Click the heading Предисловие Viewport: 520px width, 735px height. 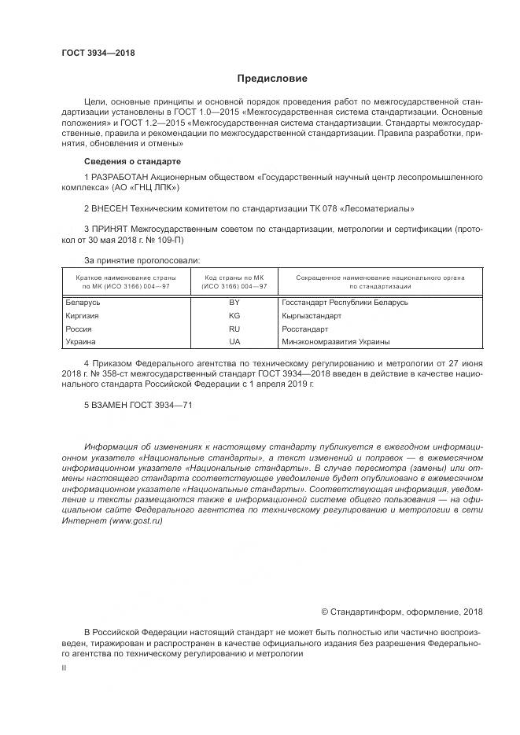click(x=272, y=79)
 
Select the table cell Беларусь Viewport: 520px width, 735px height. click(x=83, y=303)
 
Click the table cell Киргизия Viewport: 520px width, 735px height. click(x=82, y=316)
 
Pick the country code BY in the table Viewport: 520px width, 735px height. click(x=234, y=303)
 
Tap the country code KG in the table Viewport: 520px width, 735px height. click(x=234, y=316)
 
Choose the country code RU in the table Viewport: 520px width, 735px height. click(x=234, y=329)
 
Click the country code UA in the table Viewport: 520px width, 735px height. click(x=234, y=342)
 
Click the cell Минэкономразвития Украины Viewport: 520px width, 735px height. click(x=335, y=342)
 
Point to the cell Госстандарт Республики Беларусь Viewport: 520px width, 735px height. click(x=344, y=303)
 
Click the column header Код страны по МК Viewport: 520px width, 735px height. click(x=234, y=277)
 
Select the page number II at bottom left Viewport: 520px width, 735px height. click(x=65, y=667)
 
